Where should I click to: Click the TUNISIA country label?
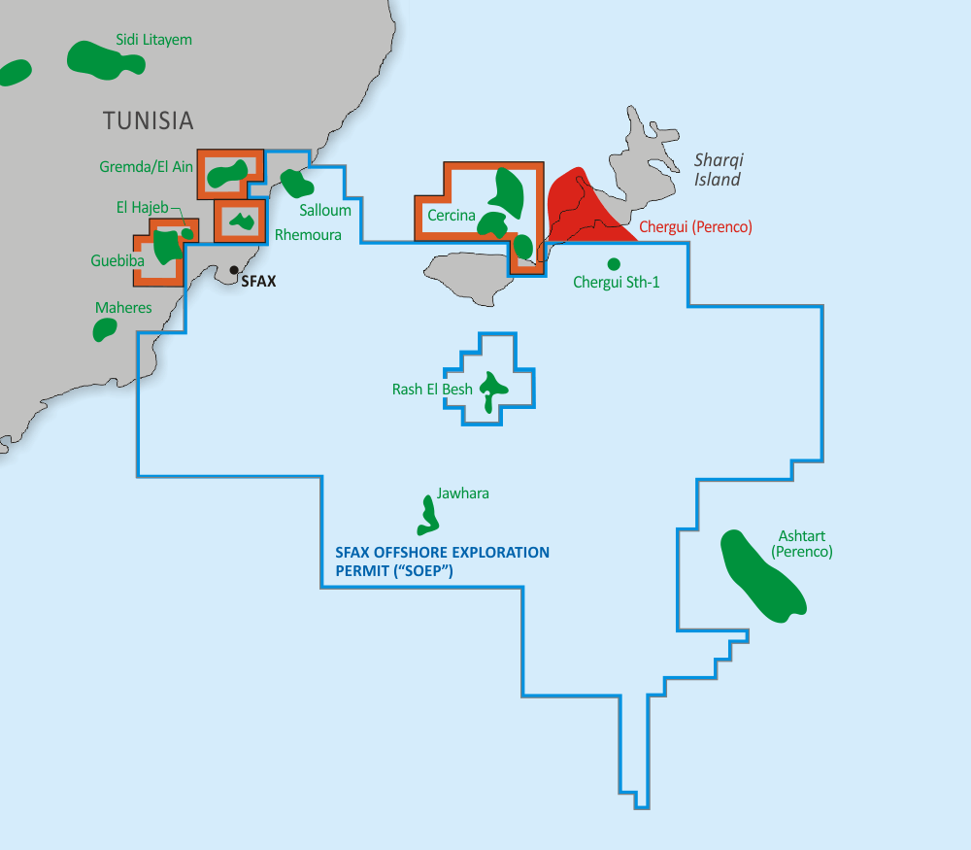149,121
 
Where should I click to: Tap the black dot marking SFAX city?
234,270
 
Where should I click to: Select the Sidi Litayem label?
153,40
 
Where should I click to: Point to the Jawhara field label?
462,493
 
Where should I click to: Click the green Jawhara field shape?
427,516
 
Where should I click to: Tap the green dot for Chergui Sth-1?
614,263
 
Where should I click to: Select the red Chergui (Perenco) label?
695,227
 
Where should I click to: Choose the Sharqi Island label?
719,170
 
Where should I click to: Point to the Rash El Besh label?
432,390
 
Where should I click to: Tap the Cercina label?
451,216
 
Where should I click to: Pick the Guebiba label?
117,261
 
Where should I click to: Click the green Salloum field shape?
294,182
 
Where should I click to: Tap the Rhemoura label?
308,235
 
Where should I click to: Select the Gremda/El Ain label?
146,167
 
